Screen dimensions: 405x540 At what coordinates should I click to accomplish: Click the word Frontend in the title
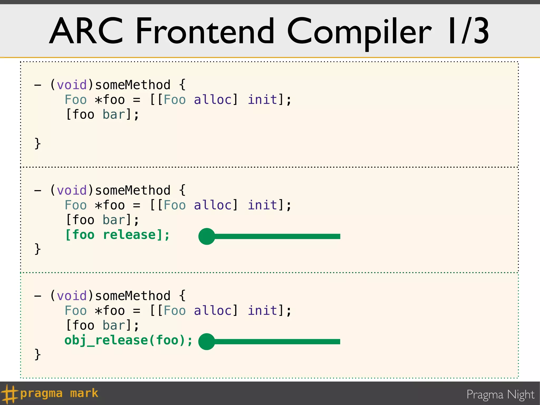(205, 31)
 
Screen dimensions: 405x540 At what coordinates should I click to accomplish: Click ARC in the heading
(86, 31)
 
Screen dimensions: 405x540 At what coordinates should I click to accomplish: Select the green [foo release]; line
(117, 235)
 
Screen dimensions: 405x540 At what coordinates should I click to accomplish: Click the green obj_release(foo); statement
(128, 340)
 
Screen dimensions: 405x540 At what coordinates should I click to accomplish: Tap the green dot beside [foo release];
(207, 236)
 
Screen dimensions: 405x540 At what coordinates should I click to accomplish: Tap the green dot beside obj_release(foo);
(207, 342)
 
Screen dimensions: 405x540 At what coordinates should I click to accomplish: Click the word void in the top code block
(72, 85)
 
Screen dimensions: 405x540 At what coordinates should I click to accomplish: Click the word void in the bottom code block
(72, 296)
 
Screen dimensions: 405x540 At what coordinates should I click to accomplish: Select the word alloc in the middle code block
(213, 205)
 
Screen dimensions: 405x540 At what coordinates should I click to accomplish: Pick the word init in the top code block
(263, 100)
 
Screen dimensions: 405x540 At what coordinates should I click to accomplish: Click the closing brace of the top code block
(38, 144)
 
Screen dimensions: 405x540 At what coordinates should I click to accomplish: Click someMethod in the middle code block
(133, 190)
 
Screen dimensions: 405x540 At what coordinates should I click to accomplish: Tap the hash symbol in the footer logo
(9, 394)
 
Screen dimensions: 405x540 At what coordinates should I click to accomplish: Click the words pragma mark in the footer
(59, 393)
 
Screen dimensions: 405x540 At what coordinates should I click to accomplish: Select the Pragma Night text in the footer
(500, 395)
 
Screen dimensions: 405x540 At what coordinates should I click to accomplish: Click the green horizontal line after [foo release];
(277, 236)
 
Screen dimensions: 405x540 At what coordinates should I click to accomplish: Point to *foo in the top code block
(110, 100)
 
